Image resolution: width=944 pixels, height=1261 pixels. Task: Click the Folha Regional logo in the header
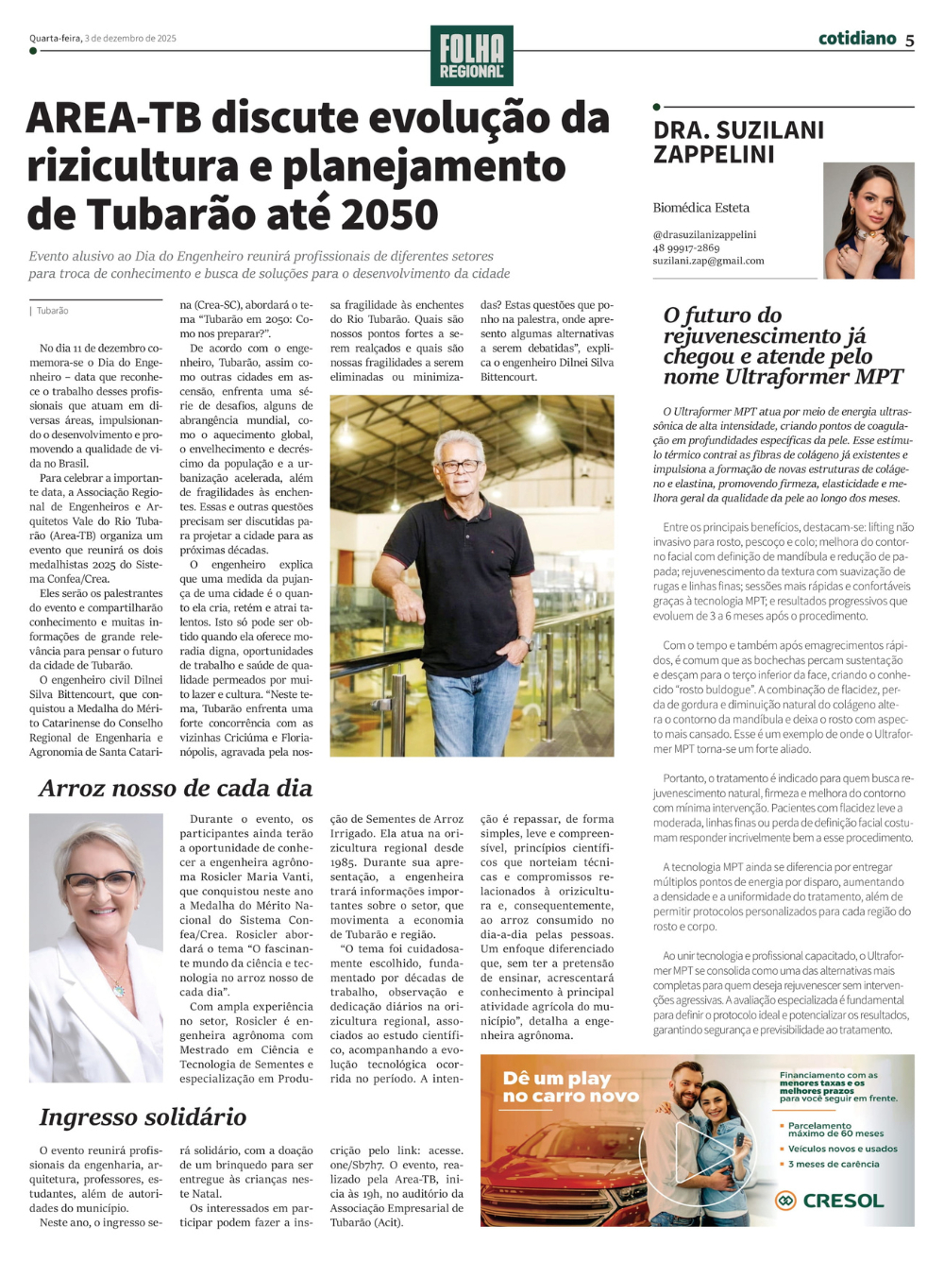pyautogui.click(x=472, y=56)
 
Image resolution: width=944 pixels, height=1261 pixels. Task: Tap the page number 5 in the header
pyautogui.click(x=909, y=40)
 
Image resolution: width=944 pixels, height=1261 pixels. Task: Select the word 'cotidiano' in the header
pyautogui.click(x=857, y=38)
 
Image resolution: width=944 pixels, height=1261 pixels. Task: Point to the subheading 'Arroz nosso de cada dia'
pyautogui.click(x=176, y=789)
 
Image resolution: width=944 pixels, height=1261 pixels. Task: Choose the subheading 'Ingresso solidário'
pyautogui.click(x=143, y=1117)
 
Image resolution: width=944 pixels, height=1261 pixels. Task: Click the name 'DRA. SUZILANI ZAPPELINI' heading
pyautogui.click(x=738, y=142)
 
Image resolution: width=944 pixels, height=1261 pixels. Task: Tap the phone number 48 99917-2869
pyautogui.click(x=686, y=247)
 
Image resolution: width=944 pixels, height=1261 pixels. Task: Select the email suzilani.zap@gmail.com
pyautogui.click(x=708, y=261)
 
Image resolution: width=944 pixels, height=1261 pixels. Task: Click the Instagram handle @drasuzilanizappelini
pyautogui.click(x=704, y=234)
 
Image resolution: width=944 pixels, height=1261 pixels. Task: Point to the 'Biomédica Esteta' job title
pyautogui.click(x=700, y=208)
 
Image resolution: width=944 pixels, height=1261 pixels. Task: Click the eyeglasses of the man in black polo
pyautogui.click(x=460, y=466)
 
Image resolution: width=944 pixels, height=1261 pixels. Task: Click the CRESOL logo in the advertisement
pyautogui.click(x=830, y=1201)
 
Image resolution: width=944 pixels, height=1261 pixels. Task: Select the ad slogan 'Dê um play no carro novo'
pyautogui.click(x=570, y=1086)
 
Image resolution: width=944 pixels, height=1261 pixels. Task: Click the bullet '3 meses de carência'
pyautogui.click(x=834, y=1164)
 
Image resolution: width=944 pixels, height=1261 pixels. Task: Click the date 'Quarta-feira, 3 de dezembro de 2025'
pyautogui.click(x=103, y=39)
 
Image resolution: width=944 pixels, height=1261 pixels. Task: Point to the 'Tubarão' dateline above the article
pyautogui.click(x=53, y=311)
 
